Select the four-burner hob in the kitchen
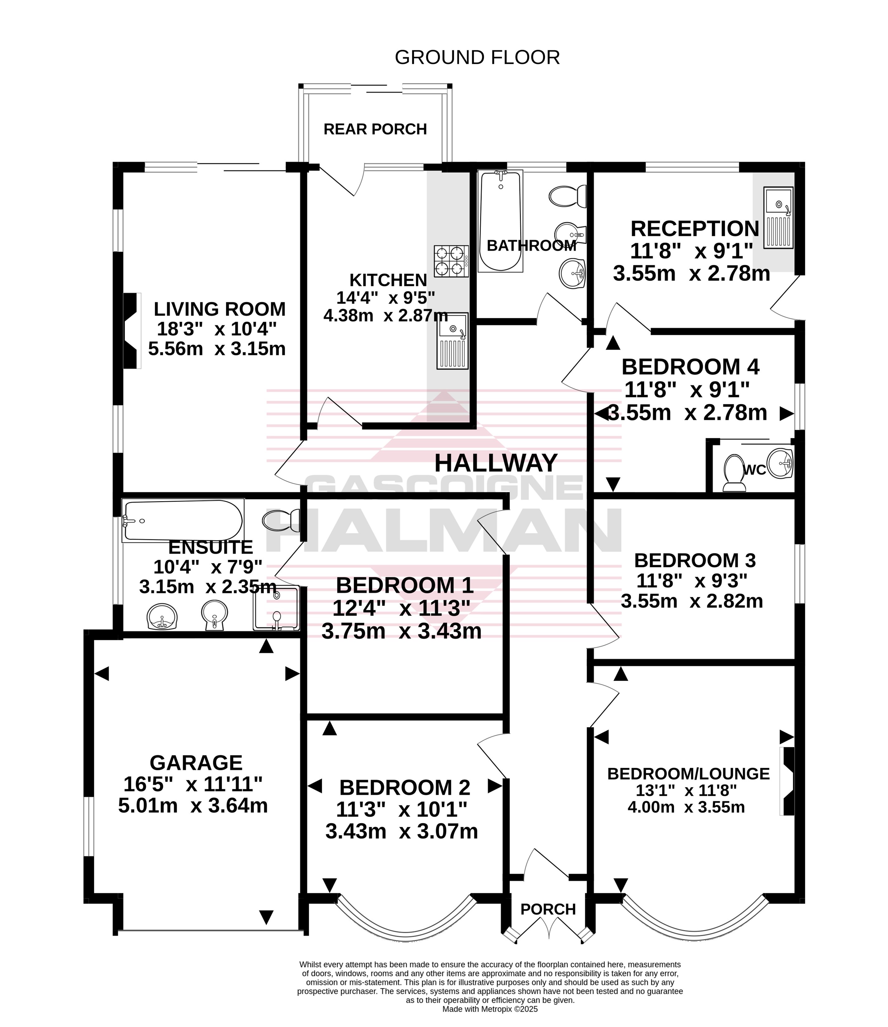pos(452,261)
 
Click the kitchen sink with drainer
pos(452,341)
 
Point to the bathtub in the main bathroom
pos(500,221)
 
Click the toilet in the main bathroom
pos(568,197)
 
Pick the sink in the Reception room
pos(778,217)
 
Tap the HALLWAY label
pos(496,463)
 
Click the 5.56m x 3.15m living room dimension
pos(217,349)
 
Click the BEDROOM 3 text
pos(695,560)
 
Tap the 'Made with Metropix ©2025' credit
pos(490,1009)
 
